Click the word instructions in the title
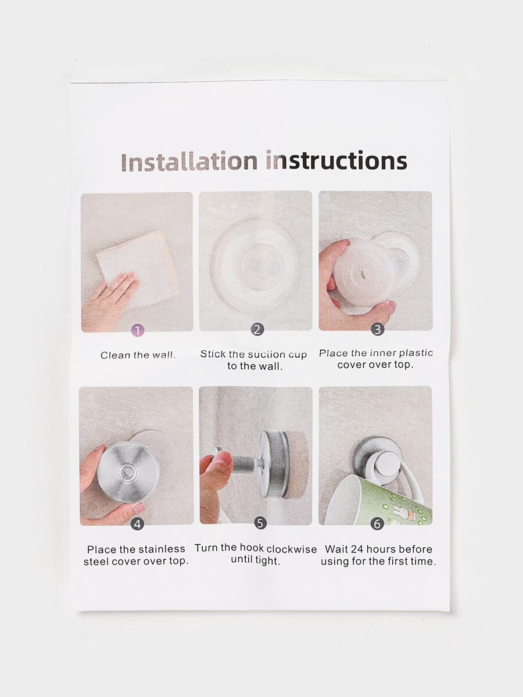pos(336,161)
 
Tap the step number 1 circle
pos(138,331)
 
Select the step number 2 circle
pos(257,329)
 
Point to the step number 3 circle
pos(377,329)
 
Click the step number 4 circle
pos(137,524)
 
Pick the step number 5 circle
pos(260,523)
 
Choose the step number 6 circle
pos(377,524)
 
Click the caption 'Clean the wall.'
pos(138,355)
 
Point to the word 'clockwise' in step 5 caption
pos(292,548)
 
